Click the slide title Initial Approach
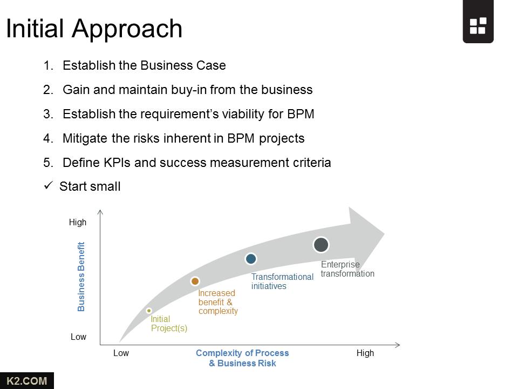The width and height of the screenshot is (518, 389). coord(94,29)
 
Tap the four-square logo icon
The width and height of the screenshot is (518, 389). coord(478,26)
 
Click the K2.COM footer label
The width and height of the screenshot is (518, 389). coord(27,381)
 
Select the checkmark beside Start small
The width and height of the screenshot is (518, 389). coord(48,185)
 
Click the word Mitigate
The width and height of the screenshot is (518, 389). coord(85,138)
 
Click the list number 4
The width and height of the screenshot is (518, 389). coord(48,138)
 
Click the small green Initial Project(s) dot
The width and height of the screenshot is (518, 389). coord(149,311)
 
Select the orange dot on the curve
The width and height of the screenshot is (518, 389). coord(195,281)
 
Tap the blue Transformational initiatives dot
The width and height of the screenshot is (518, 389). coord(251,259)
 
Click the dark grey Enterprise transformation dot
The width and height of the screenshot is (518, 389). coord(321,245)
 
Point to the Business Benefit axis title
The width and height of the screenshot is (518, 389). coord(81,277)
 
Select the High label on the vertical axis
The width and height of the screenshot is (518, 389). coord(78,222)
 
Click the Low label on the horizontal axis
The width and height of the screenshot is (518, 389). coord(121,353)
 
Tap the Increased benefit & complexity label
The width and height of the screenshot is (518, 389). coord(218,302)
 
